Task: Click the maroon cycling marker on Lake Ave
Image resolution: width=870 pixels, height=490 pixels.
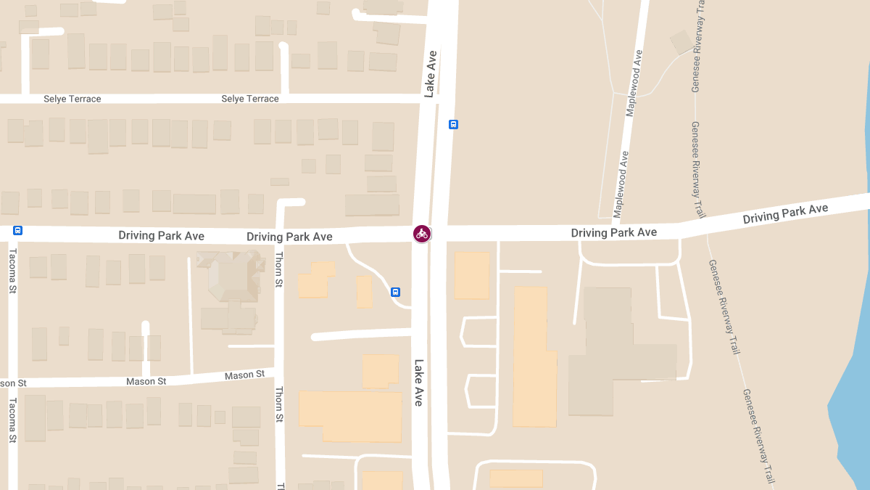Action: (422, 233)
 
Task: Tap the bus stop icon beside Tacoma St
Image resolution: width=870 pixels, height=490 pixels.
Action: (18, 231)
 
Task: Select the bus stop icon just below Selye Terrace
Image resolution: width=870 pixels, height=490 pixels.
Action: (453, 124)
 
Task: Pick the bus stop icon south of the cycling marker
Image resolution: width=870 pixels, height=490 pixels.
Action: (396, 292)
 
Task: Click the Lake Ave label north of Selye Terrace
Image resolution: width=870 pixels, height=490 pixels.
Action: (431, 74)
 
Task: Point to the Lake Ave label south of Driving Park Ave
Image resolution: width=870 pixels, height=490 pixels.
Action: (419, 383)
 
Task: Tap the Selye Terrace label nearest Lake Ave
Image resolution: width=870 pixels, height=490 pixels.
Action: (250, 99)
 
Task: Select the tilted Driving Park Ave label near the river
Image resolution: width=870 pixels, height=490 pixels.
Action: (785, 213)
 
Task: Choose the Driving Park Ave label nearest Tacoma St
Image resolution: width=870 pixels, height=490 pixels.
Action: (161, 236)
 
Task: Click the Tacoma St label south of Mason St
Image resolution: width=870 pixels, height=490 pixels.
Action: (12, 420)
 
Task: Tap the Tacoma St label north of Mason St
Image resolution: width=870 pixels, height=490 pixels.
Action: (12, 271)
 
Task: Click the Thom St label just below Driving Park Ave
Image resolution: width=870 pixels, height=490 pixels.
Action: (278, 270)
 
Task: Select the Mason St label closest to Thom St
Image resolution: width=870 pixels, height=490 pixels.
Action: (244, 375)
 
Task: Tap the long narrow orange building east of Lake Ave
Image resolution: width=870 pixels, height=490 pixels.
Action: (534, 356)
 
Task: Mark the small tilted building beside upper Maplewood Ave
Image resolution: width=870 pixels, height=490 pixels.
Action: (681, 42)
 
